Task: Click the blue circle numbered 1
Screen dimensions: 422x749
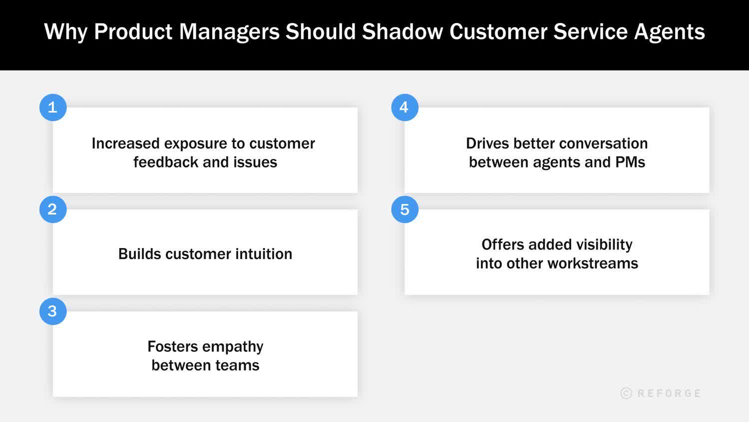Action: (x=53, y=107)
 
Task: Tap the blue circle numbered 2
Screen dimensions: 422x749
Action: (x=53, y=209)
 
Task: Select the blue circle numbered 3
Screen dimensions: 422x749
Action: (x=53, y=311)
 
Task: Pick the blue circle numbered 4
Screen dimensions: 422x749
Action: (x=404, y=107)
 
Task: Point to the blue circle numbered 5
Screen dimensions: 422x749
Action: (x=404, y=209)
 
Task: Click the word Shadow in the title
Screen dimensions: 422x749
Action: (x=402, y=31)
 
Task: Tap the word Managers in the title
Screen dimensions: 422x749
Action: (x=229, y=31)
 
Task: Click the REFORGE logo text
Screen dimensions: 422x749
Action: (x=669, y=393)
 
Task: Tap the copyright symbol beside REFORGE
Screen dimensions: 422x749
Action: (x=626, y=393)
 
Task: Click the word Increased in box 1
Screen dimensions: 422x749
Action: (x=125, y=143)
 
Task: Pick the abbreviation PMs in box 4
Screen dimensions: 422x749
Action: (x=630, y=162)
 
